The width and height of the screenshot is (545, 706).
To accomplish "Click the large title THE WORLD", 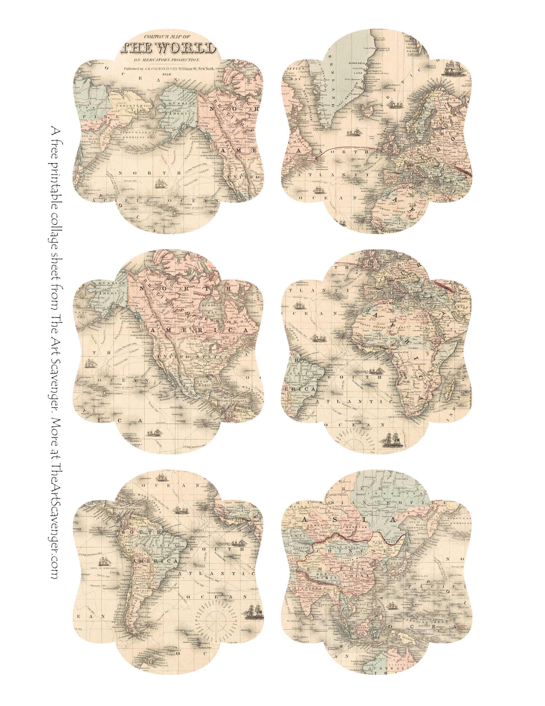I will pos(168,49).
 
